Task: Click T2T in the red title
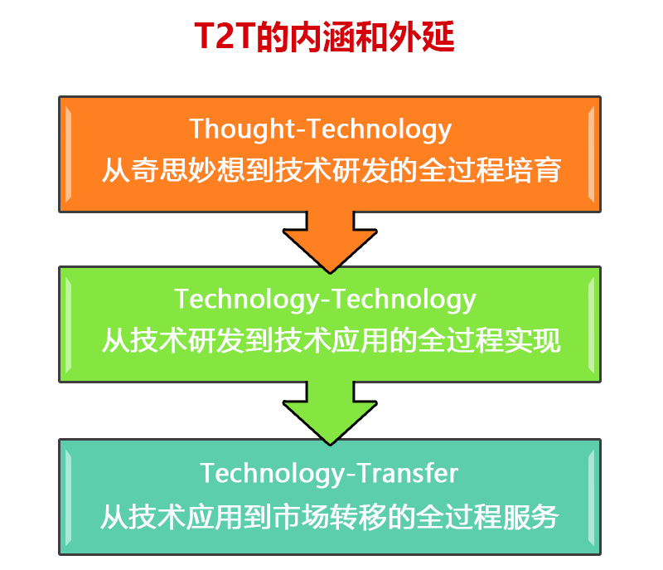[225, 37]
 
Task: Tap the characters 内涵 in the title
[322, 37]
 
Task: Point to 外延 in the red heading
[422, 37]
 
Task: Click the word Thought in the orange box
[242, 129]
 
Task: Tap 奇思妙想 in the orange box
[187, 170]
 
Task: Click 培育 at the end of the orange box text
[533, 170]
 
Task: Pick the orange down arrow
[330, 242]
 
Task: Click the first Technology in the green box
[247, 300]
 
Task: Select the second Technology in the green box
[404, 300]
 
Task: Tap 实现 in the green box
[533, 340]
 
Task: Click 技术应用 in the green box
[331, 340]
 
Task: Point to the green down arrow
[330, 413]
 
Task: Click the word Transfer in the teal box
[408, 473]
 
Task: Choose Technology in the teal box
[273, 473]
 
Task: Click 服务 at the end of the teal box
[530, 517]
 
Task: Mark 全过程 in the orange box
[462, 170]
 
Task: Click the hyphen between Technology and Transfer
[351, 475]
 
